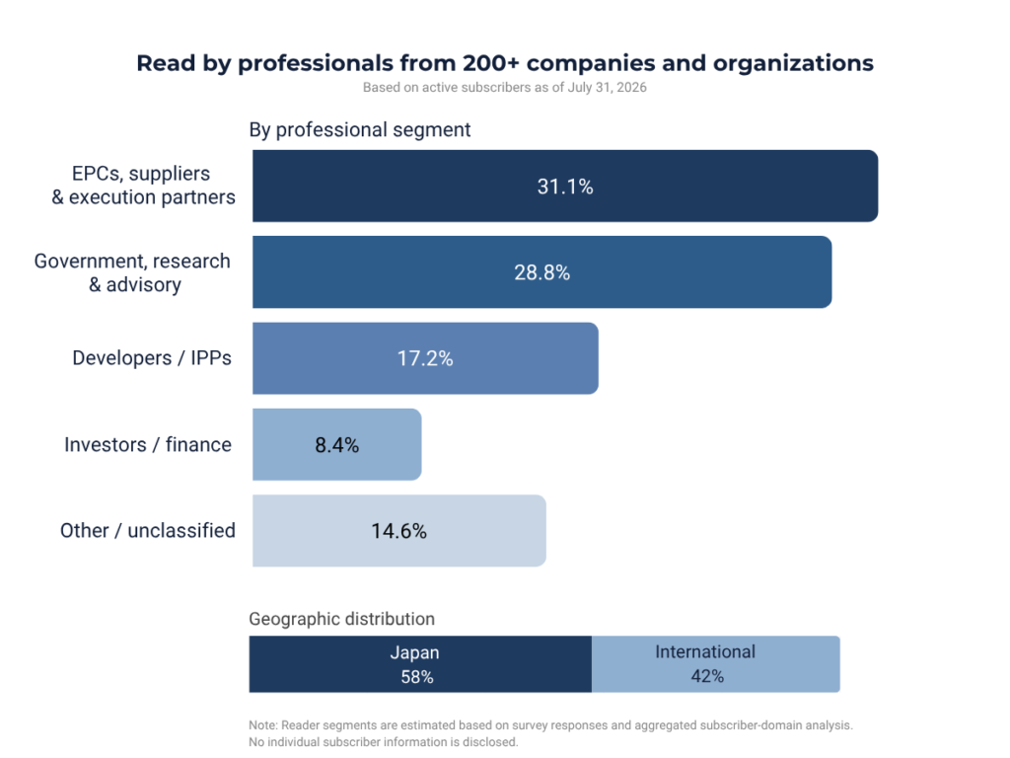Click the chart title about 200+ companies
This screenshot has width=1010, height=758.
[x=505, y=63]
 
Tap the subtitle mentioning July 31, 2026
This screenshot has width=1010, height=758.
[x=504, y=88]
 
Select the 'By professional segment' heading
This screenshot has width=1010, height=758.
[x=359, y=129]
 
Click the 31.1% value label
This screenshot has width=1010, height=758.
[x=565, y=187]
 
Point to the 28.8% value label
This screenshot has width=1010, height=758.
[x=541, y=272]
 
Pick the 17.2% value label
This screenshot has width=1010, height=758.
[x=425, y=358]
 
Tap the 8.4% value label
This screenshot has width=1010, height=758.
[x=337, y=445]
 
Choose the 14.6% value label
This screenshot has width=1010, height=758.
[x=398, y=531]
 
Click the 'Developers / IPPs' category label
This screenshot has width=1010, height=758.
[x=151, y=358]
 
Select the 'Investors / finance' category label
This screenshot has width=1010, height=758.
[x=148, y=445]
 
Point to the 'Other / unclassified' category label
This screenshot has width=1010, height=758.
[x=148, y=530]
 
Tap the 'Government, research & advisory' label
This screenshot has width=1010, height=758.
[x=132, y=272]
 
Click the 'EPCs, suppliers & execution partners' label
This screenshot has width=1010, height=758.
[x=144, y=185]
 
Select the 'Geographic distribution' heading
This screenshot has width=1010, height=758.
[x=341, y=619]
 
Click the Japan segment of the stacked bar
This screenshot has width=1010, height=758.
[x=420, y=664]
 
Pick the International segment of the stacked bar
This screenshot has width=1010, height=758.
[x=716, y=664]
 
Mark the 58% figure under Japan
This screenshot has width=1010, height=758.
[x=417, y=677]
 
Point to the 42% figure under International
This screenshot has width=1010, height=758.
[x=707, y=676]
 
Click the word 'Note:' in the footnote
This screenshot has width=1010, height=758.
[x=262, y=725]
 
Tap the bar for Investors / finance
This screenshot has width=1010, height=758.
[x=337, y=445]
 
